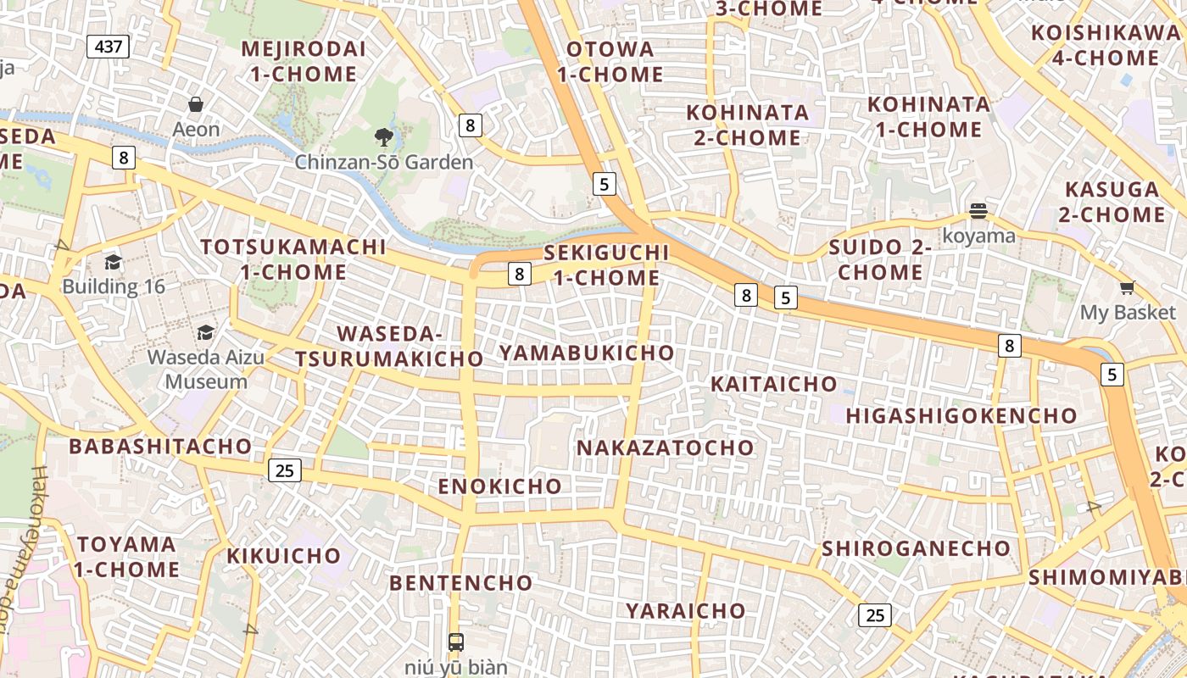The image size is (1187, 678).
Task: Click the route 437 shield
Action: pos(109,47)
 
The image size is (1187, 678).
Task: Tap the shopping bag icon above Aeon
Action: pos(196,105)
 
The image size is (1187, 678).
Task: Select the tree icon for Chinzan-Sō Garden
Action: pos(384,136)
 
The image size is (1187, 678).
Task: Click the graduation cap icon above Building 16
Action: pos(114,262)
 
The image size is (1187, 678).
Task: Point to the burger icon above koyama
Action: pos(978,211)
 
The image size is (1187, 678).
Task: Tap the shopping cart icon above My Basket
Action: pos(1127,288)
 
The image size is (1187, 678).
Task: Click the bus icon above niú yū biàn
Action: pos(456,642)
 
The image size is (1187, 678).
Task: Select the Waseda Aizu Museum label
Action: pos(206,369)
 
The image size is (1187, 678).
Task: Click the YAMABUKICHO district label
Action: pos(587,353)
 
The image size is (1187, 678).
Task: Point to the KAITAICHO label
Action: pos(773,384)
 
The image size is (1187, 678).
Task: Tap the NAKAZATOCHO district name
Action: pos(665,447)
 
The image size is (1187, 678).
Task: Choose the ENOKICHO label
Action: pos(499,486)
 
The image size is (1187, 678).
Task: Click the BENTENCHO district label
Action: pos(460,583)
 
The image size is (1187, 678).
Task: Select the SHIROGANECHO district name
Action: pos(916,548)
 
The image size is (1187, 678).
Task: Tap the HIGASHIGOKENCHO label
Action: pos(961,416)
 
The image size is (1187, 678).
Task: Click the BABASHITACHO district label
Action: pos(160,446)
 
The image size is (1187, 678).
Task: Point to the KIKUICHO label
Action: pos(283,556)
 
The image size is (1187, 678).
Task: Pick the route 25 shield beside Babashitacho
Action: pos(285,470)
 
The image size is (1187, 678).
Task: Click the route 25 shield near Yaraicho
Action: pos(874,615)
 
